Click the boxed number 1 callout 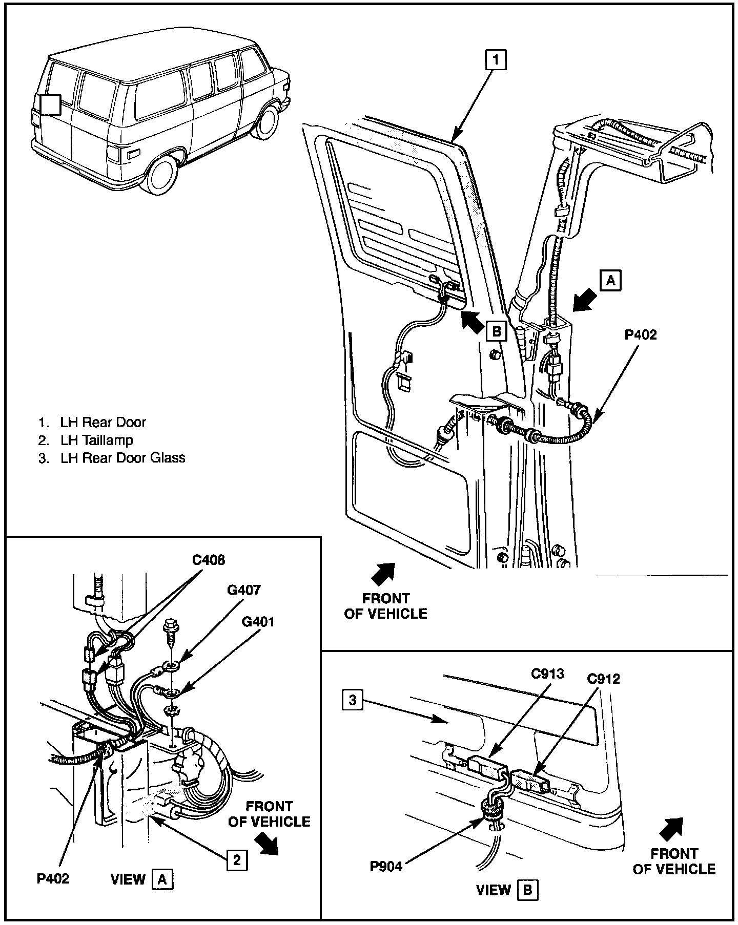click(496, 59)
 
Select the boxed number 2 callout click(236, 859)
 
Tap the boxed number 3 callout click(352, 700)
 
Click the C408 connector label click(209, 560)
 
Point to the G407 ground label click(244, 590)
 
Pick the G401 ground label click(258, 622)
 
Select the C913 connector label click(547, 673)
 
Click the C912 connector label click(603, 679)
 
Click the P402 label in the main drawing click(641, 334)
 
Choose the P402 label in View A click(53, 878)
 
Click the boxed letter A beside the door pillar click(610, 280)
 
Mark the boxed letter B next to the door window click(496, 331)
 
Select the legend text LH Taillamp click(96, 440)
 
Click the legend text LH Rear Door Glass click(122, 457)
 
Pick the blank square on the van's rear click(51, 104)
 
